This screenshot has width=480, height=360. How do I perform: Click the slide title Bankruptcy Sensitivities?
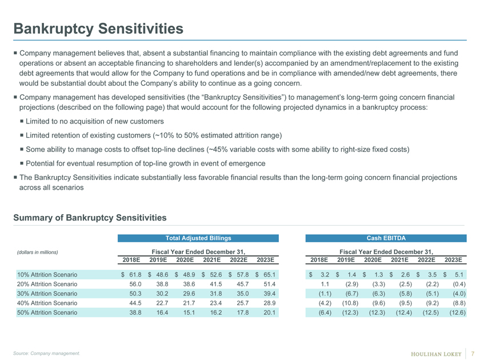tap(98, 29)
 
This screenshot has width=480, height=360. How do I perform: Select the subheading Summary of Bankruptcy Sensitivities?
tap(90, 218)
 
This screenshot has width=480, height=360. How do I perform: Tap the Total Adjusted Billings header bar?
tap(198, 238)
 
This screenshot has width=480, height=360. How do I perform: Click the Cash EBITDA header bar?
tap(386, 238)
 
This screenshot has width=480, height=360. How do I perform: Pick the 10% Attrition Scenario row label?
tap(47, 275)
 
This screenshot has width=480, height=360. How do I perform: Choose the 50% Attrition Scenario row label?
tap(47, 313)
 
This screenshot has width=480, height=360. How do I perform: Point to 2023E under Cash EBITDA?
tap(453, 260)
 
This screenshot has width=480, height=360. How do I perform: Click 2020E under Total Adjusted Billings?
tap(185, 260)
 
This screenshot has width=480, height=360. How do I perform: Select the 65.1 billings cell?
tap(269, 275)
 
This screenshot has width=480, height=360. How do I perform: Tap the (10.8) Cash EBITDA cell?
tap(350, 303)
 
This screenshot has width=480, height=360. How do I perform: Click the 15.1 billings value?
tap(189, 313)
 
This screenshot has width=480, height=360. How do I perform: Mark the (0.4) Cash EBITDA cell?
tap(459, 284)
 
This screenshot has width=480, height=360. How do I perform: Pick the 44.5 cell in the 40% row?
tap(135, 303)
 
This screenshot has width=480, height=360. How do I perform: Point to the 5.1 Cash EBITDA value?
tap(459, 275)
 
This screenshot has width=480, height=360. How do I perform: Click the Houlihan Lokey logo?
tap(436, 354)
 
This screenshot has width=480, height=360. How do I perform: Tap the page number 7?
tap(473, 353)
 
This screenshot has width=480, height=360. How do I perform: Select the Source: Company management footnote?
tap(46, 353)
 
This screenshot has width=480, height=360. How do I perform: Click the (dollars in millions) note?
tap(37, 252)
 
